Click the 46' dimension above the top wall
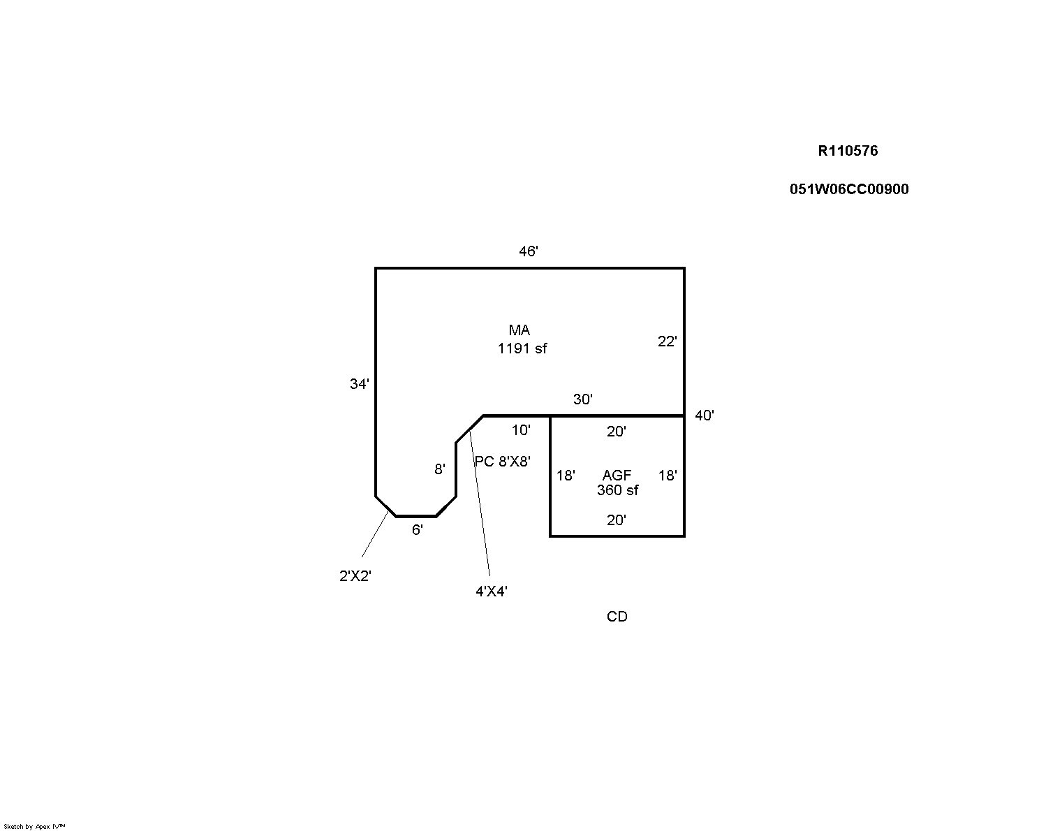pyautogui.click(x=528, y=251)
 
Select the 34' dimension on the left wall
pyautogui.click(x=359, y=383)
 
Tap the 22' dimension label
pyautogui.click(x=667, y=341)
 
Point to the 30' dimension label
pyautogui.click(x=582, y=399)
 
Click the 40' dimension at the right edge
pyautogui.click(x=704, y=415)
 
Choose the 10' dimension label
pyautogui.click(x=520, y=430)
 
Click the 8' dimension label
pyautogui.click(x=439, y=469)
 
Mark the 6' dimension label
pyautogui.click(x=417, y=530)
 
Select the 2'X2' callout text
pyautogui.click(x=355, y=576)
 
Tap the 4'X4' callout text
pyautogui.click(x=491, y=591)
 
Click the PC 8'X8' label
pyautogui.click(x=503, y=462)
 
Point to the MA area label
pyautogui.click(x=519, y=330)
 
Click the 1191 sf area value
pyautogui.click(x=522, y=348)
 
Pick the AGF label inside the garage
pyautogui.click(x=617, y=476)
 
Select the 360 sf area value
pyautogui.click(x=617, y=490)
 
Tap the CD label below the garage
pyautogui.click(x=617, y=617)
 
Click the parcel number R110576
pyautogui.click(x=848, y=151)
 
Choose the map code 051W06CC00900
pyautogui.click(x=849, y=189)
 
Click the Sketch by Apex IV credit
pyautogui.click(x=34, y=826)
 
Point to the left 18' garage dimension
pyautogui.click(x=566, y=476)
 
